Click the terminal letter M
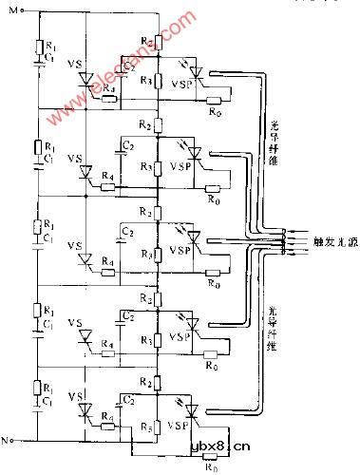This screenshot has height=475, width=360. click(12, 9)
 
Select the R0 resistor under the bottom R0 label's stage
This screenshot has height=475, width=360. click(211, 455)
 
